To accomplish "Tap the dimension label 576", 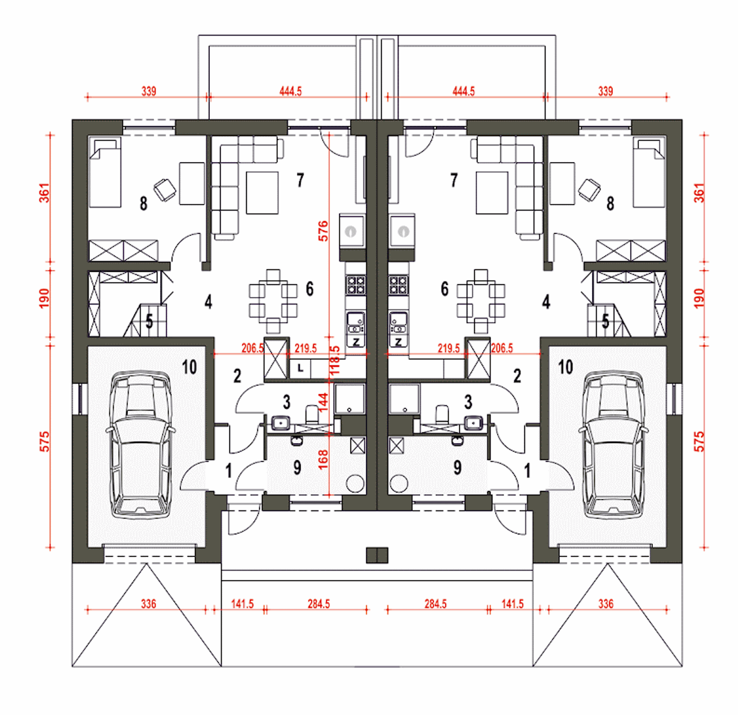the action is [323, 231].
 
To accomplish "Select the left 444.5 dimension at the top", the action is [291, 92].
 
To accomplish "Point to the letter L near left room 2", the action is [300, 368].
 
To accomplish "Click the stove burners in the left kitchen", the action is [356, 285].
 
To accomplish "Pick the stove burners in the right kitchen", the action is [398, 285].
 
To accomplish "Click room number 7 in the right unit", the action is [454, 180].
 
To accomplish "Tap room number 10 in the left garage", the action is [189, 367].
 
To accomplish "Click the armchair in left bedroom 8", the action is [165, 190].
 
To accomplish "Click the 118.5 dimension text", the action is [335, 360].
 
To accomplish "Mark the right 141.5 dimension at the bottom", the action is [513, 604].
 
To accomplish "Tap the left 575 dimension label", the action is [44, 442].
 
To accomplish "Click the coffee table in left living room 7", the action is [262, 193].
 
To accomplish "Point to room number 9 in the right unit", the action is [457, 468].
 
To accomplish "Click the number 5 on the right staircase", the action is [605, 321].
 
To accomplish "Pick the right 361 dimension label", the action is [699, 193].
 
